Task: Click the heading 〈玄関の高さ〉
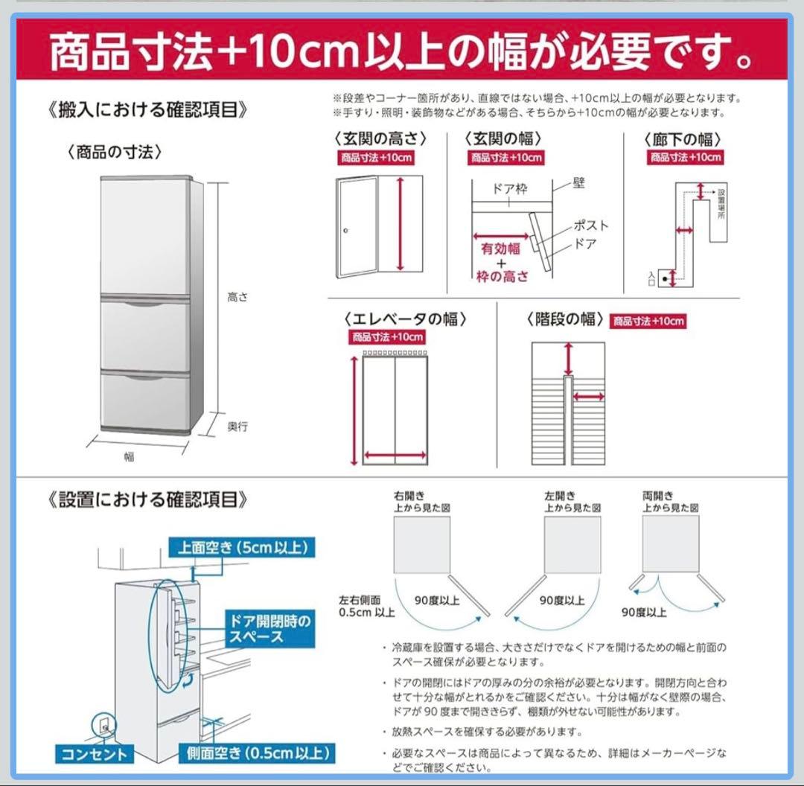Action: click(381, 138)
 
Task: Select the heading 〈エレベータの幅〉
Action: click(406, 319)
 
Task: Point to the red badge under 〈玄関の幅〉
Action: click(506, 158)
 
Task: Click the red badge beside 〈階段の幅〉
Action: click(648, 322)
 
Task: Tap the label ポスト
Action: click(590, 226)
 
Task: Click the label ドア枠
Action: click(510, 189)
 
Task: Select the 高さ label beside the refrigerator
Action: click(237, 297)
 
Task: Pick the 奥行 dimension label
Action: click(237, 426)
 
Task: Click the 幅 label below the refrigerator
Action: click(130, 457)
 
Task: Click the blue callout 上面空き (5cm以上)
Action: click(241, 548)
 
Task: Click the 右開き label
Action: click(411, 496)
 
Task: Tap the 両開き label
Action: click(658, 496)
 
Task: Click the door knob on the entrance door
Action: click(346, 231)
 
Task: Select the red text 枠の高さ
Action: click(502, 277)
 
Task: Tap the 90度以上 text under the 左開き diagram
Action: click(562, 601)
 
